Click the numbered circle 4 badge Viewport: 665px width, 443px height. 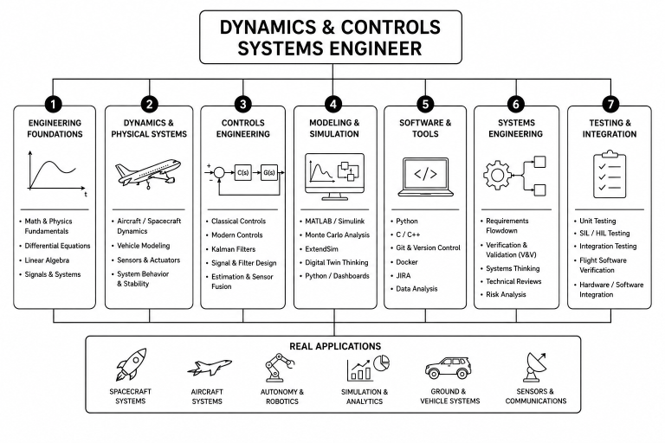point(332,105)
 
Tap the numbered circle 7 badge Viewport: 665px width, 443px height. point(610,105)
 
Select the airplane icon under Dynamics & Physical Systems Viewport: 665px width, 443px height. point(148,173)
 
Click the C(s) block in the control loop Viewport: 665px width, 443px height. point(243,172)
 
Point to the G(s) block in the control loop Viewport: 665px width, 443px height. point(269,172)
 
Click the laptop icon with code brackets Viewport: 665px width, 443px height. point(425,177)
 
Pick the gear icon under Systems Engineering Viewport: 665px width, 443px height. point(497,175)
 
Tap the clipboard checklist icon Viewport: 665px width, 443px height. point(610,174)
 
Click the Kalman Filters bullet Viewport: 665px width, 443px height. point(233,249)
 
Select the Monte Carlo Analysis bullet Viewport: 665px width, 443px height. point(337,234)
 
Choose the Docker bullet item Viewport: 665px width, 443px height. point(407,262)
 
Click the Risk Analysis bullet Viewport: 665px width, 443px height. point(506,294)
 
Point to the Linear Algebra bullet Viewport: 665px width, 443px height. point(47,260)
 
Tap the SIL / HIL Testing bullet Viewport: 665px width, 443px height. point(604,233)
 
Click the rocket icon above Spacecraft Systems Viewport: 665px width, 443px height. point(131,364)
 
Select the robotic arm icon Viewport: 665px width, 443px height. point(280,368)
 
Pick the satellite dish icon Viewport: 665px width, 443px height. point(535,367)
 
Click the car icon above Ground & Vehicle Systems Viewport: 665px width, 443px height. point(448,368)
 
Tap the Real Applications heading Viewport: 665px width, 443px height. point(335,346)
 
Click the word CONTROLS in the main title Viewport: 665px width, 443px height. point(391,27)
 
